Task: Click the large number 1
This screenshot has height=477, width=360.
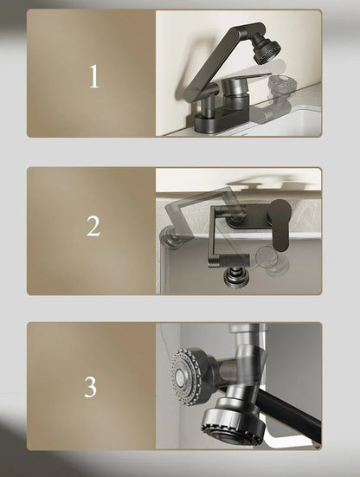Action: (94, 76)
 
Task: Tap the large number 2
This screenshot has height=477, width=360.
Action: (93, 226)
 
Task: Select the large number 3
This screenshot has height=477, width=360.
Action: (91, 387)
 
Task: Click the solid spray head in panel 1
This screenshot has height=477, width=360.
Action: (266, 49)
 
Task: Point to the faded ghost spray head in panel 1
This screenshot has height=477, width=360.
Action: (281, 85)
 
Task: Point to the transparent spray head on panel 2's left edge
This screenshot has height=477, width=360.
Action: (170, 237)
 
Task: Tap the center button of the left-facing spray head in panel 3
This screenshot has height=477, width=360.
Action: (179, 377)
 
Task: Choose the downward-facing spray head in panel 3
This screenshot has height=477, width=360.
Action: (232, 421)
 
